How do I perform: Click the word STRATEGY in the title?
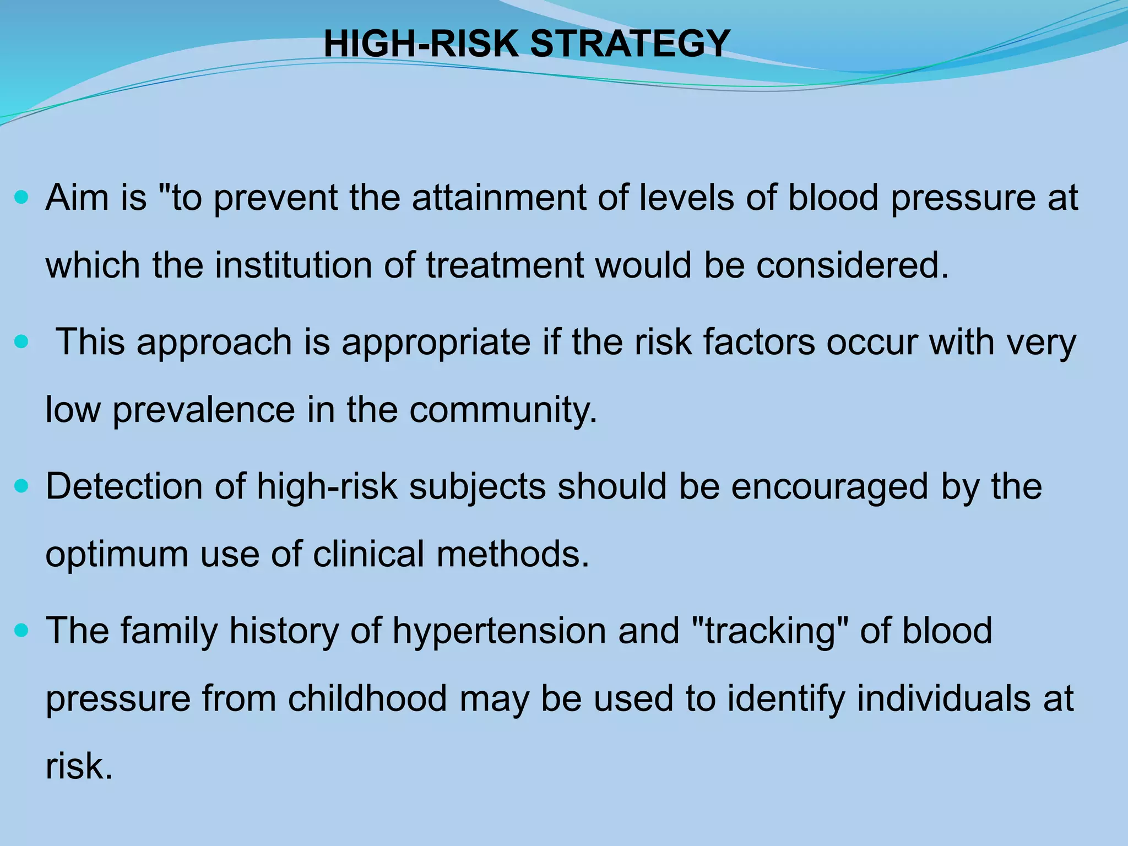pos(630,44)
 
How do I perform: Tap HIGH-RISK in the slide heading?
pos(421,44)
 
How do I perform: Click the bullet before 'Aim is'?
pos(21,197)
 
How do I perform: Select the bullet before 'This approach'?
pos(21,342)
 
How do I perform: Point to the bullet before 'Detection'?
pos(21,486)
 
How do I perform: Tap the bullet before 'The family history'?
pos(21,631)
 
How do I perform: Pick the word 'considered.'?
pos(853,265)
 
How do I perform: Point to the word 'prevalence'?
pos(204,410)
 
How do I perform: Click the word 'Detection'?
pos(124,487)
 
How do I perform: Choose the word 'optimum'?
pos(116,555)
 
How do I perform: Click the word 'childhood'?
pos(367,699)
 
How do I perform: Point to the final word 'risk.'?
pos(79,767)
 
